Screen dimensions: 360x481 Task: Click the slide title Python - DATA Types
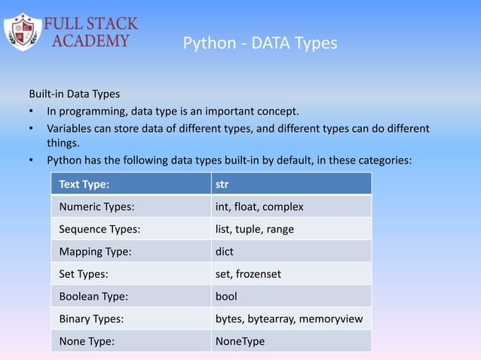point(260,44)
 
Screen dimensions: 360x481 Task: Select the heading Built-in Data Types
point(74,95)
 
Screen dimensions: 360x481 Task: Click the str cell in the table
point(222,183)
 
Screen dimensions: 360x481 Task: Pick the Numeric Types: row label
point(93,206)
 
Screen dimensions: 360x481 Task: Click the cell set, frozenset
point(248,273)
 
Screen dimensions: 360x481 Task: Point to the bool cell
point(226,296)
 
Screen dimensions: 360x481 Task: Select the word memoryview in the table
point(331,319)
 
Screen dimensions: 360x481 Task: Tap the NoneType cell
point(240,341)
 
